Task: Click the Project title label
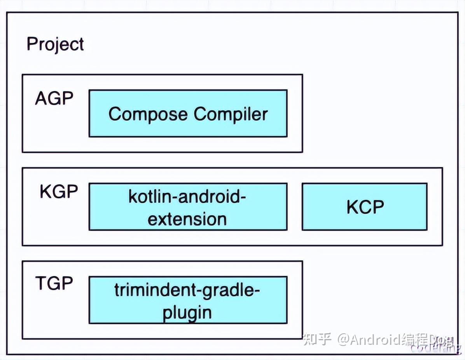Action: pos(55,44)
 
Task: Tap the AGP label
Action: pos(54,99)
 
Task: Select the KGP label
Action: pos(59,192)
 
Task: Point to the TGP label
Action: pos(54,283)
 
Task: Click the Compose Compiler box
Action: pos(188,114)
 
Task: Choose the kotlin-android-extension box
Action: pos(188,207)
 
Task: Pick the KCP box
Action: pos(365,207)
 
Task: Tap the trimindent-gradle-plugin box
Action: pos(188,300)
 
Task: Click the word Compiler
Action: pos(231,114)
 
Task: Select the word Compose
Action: pos(148,114)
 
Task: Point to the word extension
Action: pos(187,219)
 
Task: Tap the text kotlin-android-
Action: pos(187,197)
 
